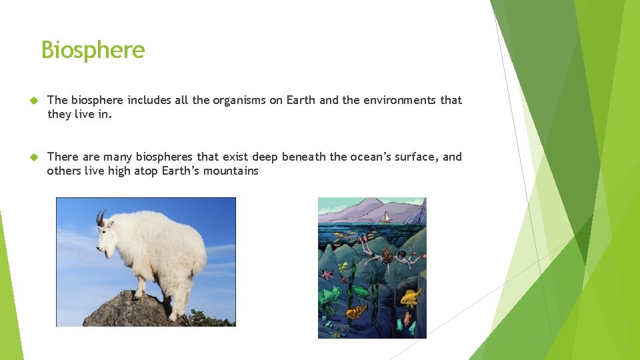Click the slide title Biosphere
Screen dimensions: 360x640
tap(93, 50)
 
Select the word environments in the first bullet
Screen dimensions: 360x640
tap(399, 100)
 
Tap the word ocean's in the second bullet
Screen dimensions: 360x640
tap(370, 157)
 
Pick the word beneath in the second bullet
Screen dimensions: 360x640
tap(303, 157)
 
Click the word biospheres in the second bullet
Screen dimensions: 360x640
tap(165, 157)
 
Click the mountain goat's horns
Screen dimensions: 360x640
tap(101, 217)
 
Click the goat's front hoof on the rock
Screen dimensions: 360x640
tap(139, 294)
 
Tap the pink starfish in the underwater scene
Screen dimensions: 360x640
tap(327, 275)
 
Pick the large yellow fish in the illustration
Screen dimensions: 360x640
tap(411, 297)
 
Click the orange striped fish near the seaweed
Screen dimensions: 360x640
tap(357, 311)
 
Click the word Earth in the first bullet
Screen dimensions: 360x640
tap(301, 100)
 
